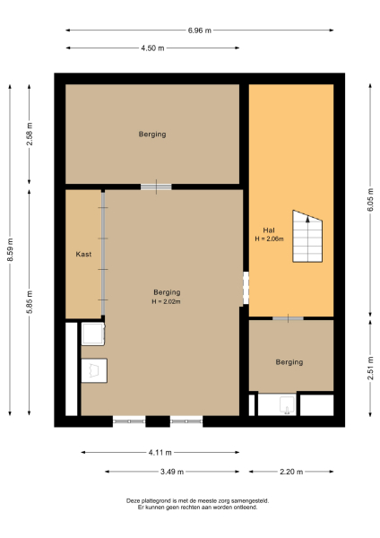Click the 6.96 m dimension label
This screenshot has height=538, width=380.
[x=200, y=30]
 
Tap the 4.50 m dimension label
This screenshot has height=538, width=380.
[x=152, y=48]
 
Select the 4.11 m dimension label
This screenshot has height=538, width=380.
[x=160, y=453]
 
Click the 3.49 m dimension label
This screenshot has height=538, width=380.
[x=173, y=472]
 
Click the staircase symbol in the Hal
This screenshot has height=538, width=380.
[x=307, y=237]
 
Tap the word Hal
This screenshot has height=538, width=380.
[x=268, y=230]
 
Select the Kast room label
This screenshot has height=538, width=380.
[x=83, y=255]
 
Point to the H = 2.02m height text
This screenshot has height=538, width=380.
[x=167, y=301]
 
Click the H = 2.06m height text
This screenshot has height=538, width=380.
[x=269, y=239]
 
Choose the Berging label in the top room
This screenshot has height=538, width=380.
[x=152, y=134]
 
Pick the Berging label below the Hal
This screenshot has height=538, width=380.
[x=289, y=362]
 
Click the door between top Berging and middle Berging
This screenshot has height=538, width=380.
[x=156, y=187]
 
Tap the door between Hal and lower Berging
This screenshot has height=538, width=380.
[x=288, y=318]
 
